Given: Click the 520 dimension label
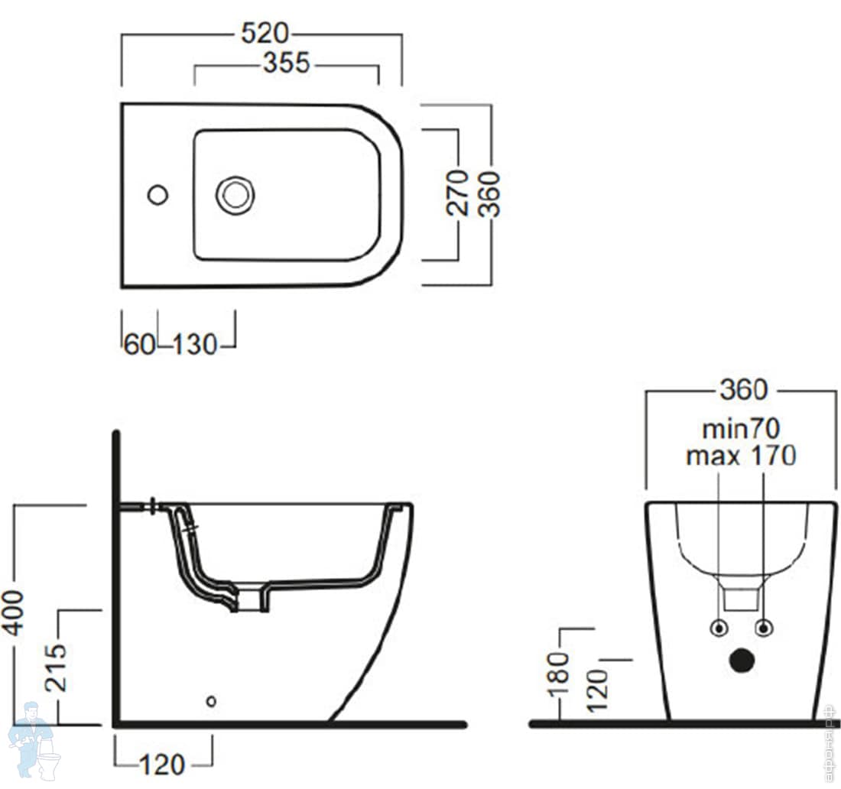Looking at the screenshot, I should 265,34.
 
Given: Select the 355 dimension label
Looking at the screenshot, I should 287,63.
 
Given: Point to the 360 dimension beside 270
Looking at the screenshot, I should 489,193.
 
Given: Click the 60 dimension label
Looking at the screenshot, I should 140,344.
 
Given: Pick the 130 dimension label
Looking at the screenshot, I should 194,344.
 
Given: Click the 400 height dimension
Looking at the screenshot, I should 14,612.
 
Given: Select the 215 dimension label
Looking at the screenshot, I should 55,667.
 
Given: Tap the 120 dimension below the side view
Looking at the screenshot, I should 163,763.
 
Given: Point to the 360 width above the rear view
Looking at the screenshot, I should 742,390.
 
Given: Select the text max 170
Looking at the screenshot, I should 741,456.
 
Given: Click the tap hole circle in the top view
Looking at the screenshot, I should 157,195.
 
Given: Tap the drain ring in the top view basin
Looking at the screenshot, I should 235,195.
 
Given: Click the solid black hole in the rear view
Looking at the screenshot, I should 742,660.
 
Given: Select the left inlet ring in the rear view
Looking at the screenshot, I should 719,628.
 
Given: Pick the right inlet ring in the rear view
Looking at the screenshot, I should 764,628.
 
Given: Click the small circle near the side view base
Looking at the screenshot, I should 211,700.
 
